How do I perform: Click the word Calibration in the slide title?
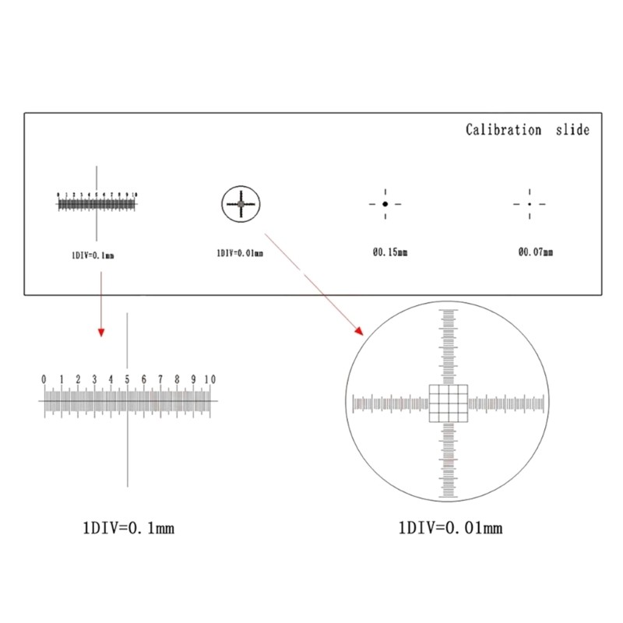(x=503, y=130)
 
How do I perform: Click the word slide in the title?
(x=573, y=130)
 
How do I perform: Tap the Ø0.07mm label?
(x=535, y=252)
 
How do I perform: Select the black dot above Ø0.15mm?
(x=385, y=204)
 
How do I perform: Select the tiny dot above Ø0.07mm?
(x=530, y=204)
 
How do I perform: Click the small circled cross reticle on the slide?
(x=241, y=204)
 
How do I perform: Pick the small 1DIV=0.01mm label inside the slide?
(x=240, y=253)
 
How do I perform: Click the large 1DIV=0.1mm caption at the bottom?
(x=128, y=529)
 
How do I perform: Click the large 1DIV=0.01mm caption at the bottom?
(x=449, y=529)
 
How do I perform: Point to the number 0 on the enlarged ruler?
(x=44, y=379)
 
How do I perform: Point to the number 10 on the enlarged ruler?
(x=209, y=379)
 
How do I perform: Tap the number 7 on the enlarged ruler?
(x=160, y=379)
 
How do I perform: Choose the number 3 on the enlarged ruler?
(x=94, y=379)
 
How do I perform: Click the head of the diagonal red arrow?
(x=359, y=331)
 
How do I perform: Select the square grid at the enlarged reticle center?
(x=449, y=403)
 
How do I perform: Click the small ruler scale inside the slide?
(x=97, y=204)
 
